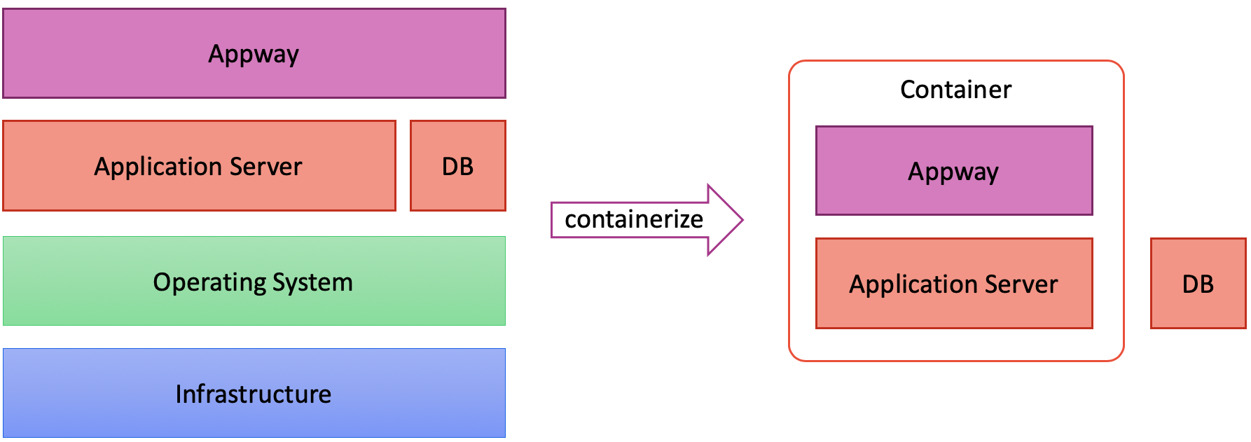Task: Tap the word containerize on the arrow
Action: pyautogui.click(x=633, y=220)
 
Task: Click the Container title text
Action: pyautogui.click(x=955, y=90)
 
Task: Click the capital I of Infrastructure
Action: pyautogui.click(x=179, y=394)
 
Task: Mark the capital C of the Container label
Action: pyautogui.click(x=908, y=90)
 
